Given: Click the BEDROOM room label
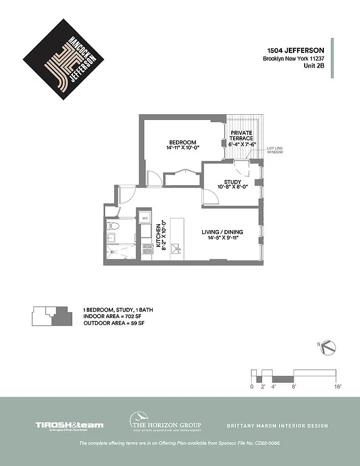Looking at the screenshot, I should point(182,143).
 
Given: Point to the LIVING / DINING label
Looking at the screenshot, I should point(222,232).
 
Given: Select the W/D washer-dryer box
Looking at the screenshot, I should point(144,218).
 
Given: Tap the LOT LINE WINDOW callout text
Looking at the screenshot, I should point(275,150).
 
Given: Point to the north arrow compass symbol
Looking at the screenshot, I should point(329,347).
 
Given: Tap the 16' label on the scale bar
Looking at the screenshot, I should point(337,386).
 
